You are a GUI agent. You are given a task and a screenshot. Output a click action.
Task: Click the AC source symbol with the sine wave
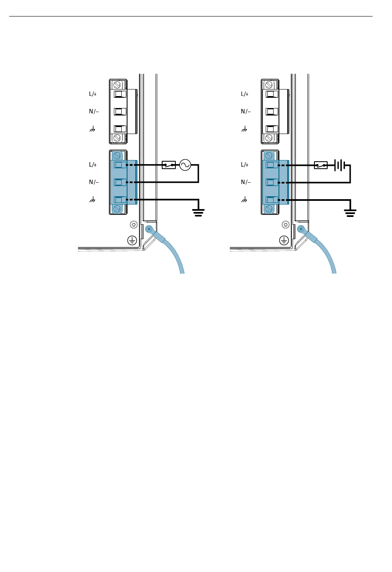tap(185, 165)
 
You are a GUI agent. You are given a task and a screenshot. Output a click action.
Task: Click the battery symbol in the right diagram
tap(340, 165)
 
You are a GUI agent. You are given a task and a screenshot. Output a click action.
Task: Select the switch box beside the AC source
tap(169, 165)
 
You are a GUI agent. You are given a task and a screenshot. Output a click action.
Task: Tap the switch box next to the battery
tap(321, 165)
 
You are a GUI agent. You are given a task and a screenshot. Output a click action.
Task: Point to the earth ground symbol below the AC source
tap(198, 212)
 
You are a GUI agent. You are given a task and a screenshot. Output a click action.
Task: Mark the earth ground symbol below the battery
tap(350, 212)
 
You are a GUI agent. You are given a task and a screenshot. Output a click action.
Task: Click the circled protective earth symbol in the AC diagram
tap(132, 240)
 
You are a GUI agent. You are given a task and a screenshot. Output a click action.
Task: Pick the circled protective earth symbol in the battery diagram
tap(284, 240)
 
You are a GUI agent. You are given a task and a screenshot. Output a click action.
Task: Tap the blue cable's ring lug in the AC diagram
tap(149, 228)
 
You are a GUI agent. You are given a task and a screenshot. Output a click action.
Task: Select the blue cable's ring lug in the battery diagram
tap(301, 228)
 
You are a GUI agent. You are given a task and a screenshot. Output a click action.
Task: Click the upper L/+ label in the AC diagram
tap(93, 94)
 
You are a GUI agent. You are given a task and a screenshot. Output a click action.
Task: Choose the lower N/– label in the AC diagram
tap(94, 182)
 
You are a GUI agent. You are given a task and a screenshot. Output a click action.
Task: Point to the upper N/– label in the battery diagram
tap(246, 111)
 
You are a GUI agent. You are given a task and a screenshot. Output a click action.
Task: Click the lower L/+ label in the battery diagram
tap(245, 165)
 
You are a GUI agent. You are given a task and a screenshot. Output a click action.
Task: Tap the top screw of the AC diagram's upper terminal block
tap(117, 85)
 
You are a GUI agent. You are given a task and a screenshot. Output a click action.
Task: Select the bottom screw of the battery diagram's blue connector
tap(269, 209)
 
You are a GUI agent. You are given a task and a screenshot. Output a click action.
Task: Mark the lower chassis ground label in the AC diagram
tap(92, 200)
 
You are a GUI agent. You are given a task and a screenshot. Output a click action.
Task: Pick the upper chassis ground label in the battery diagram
tap(244, 129)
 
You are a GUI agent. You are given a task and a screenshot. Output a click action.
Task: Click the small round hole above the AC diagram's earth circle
tap(133, 225)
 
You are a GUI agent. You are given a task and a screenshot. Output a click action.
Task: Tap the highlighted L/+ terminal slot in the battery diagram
tap(271, 165)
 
